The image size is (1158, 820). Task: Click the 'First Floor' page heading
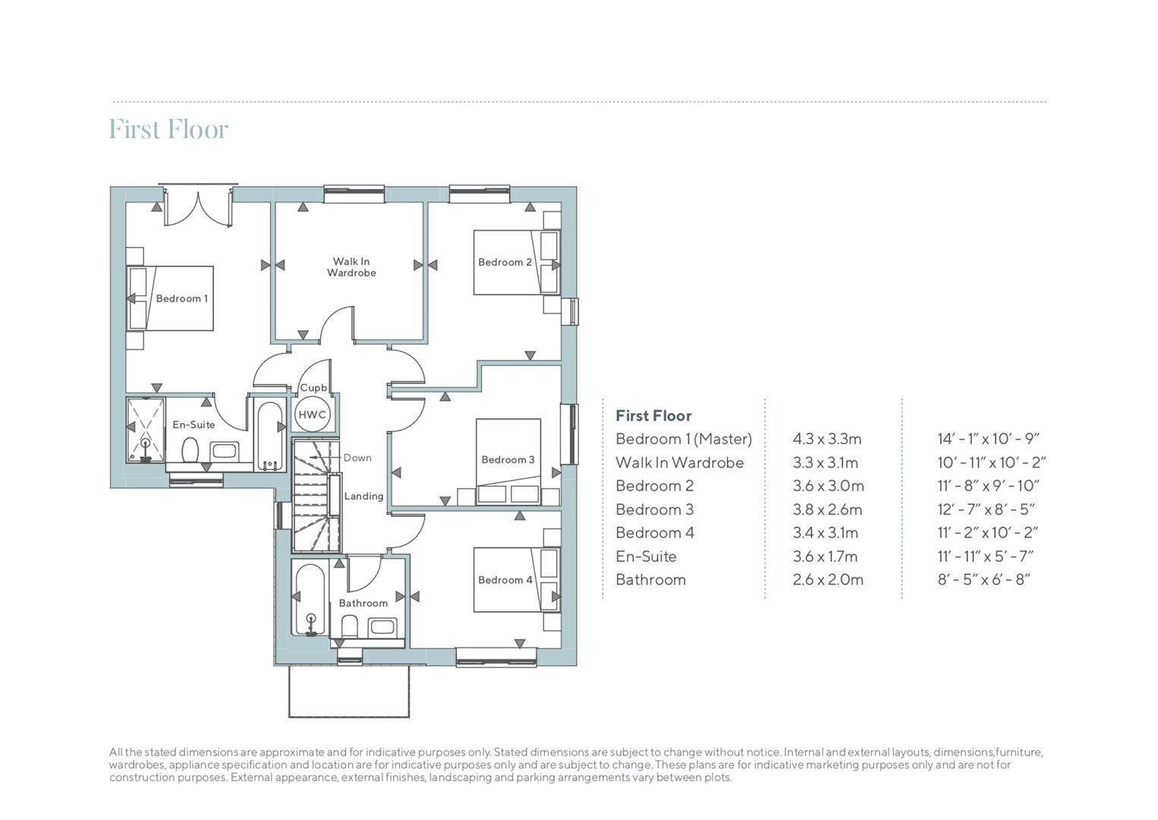[x=168, y=129]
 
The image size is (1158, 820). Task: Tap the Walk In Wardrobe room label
[x=351, y=267]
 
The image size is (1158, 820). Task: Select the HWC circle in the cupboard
[x=313, y=415]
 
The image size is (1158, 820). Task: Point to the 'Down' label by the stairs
[x=357, y=458]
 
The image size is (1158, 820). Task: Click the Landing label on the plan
[x=364, y=496]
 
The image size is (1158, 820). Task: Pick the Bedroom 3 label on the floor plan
[x=508, y=459]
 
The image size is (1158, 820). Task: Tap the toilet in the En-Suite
[x=190, y=451]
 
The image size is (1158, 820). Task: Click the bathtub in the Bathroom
[x=310, y=600]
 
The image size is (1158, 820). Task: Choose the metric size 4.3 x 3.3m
[x=827, y=439]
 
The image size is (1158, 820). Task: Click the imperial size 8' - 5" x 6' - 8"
[x=984, y=579]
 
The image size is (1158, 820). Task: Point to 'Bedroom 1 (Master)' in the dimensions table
[x=684, y=439]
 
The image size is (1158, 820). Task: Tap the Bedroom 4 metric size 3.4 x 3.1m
[x=826, y=533]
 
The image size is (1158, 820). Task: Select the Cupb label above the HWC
[x=313, y=387]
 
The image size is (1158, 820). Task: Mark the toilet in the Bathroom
[x=350, y=626]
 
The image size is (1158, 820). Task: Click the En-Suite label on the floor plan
[x=194, y=424]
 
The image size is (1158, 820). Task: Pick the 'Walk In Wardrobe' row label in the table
[x=680, y=462]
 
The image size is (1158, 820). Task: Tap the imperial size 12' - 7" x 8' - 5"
[x=986, y=509]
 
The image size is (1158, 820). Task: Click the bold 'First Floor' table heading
[x=653, y=415]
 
